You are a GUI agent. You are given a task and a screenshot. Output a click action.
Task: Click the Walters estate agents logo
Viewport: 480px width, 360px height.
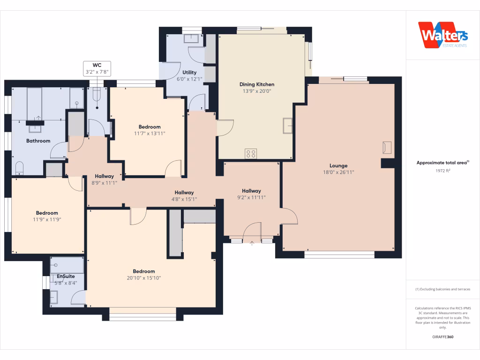click(x=442, y=35)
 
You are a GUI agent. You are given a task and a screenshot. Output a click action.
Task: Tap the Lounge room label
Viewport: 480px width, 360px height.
click(x=338, y=165)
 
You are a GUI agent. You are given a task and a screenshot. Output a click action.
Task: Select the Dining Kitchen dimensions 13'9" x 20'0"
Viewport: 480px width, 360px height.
click(x=257, y=91)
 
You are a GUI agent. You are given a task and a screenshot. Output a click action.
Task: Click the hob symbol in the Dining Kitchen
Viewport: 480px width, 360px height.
click(x=251, y=153)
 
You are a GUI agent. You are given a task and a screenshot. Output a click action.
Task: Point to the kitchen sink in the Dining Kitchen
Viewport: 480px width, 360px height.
click(x=287, y=125)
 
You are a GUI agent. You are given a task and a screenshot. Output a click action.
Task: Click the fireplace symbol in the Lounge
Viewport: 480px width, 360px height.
click(x=387, y=147)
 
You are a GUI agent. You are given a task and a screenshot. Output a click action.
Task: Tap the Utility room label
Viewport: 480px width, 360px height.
click(x=189, y=72)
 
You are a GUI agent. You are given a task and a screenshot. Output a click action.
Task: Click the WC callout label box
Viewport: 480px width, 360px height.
click(x=97, y=68)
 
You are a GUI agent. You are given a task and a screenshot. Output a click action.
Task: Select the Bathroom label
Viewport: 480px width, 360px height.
click(x=38, y=141)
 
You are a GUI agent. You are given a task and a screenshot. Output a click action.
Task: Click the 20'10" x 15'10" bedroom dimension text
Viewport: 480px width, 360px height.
click(x=143, y=278)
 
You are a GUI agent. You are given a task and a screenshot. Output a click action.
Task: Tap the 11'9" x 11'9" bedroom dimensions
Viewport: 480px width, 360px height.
click(x=47, y=219)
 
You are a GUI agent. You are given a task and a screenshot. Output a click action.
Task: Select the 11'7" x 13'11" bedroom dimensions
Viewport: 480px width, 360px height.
click(x=149, y=134)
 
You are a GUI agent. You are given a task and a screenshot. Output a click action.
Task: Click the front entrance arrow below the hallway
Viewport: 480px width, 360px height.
click(x=252, y=243)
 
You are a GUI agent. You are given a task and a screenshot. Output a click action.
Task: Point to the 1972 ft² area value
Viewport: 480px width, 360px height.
click(x=442, y=171)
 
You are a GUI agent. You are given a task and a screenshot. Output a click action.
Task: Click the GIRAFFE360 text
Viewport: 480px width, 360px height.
click(x=442, y=337)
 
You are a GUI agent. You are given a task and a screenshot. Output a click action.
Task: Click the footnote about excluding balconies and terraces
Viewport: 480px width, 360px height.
click(x=442, y=289)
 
